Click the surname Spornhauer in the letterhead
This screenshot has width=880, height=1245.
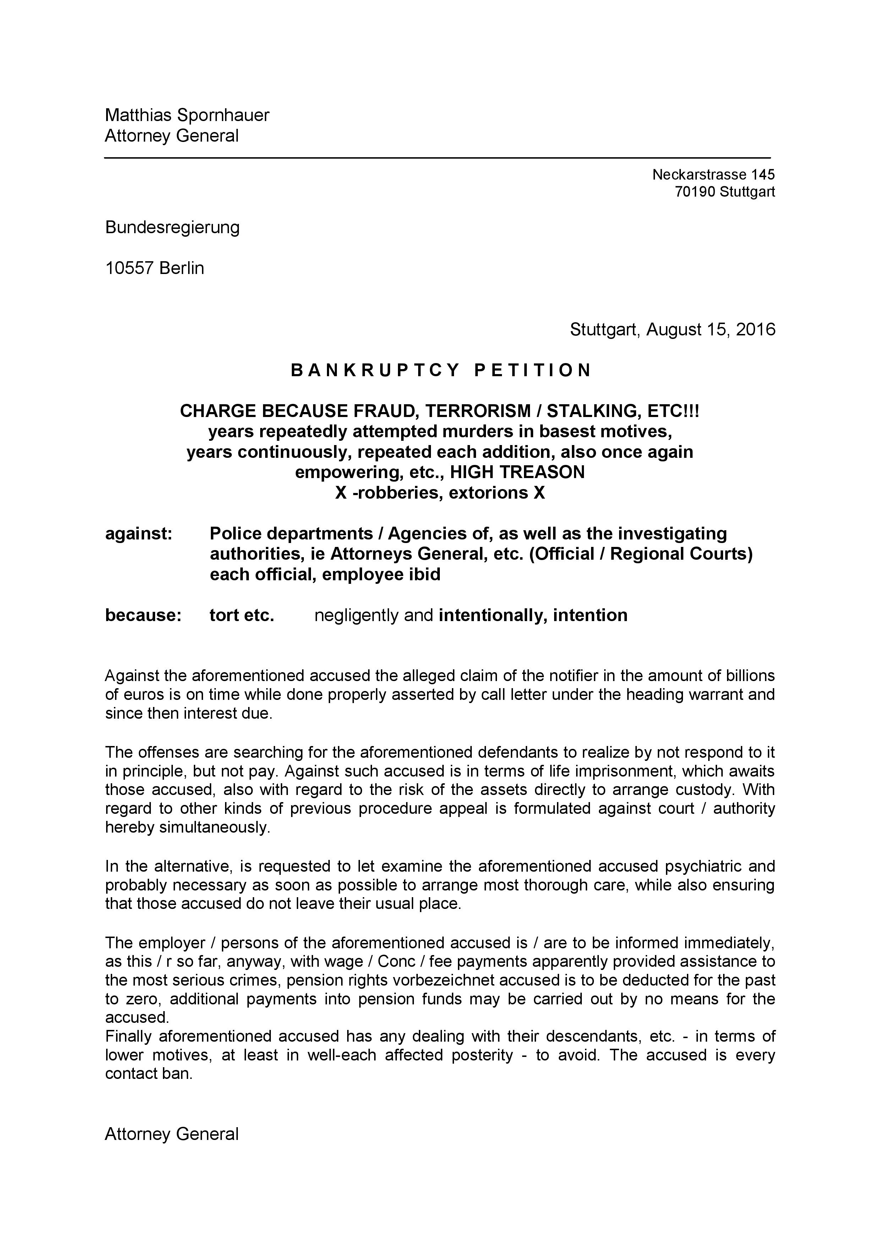(x=223, y=115)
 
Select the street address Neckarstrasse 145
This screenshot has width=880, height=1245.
(x=713, y=175)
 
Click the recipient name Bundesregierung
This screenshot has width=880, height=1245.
(x=172, y=227)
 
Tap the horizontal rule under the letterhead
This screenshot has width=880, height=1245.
(x=437, y=158)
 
